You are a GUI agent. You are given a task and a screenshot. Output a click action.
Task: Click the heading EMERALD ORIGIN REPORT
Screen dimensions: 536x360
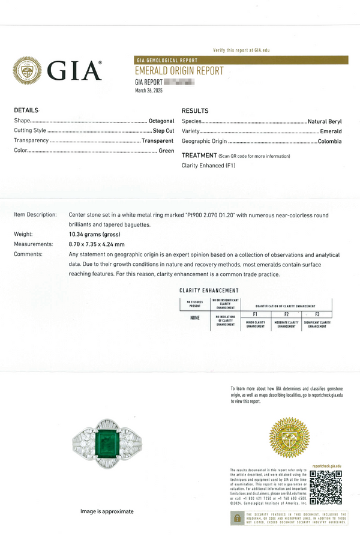click(179, 71)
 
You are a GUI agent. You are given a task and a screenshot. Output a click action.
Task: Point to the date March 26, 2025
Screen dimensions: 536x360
click(148, 91)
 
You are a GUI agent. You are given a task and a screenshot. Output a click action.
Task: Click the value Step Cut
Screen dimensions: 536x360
click(163, 131)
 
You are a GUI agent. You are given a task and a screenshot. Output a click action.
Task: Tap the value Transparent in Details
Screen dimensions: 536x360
click(158, 141)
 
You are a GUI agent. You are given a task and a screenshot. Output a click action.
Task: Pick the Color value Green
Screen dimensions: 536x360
click(166, 151)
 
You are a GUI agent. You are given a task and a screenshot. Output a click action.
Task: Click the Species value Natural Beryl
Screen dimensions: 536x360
click(325, 121)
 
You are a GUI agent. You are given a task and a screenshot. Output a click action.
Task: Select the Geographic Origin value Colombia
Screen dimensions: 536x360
click(329, 142)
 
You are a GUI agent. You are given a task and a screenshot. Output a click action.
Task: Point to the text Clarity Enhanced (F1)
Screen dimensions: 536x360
click(208, 166)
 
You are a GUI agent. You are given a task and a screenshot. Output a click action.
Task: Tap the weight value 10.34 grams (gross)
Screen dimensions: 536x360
click(94, 234)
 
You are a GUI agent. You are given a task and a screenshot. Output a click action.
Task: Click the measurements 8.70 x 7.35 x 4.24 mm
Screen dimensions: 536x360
click(97, 244)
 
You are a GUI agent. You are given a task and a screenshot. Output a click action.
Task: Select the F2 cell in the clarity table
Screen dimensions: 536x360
click(286, 314)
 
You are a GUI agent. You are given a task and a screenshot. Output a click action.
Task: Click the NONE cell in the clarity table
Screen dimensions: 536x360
click(194, 318)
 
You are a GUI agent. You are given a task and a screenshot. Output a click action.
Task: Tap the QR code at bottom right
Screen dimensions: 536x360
click(326, 487)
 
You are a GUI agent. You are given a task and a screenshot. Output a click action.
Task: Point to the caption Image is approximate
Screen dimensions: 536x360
click(107, 511)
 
